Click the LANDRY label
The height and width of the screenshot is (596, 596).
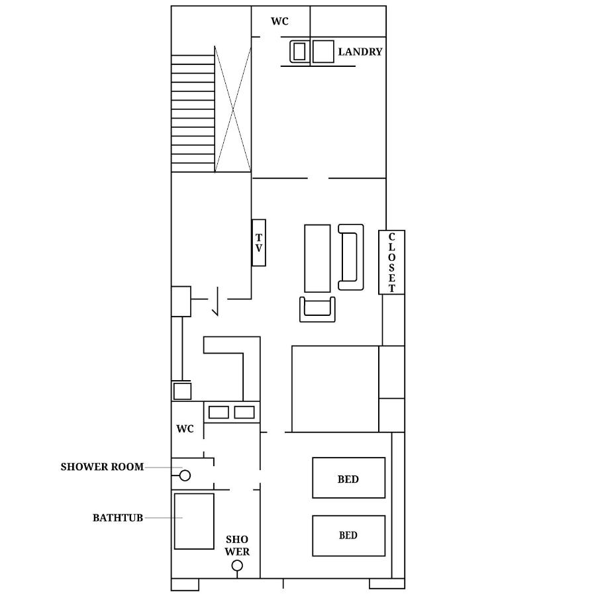click(360, 52)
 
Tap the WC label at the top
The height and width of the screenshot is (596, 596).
click(279, 21)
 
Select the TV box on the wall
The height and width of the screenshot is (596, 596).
click(259, 243)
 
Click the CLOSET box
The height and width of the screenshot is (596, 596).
click(391, 262)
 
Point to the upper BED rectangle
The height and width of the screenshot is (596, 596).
click(348, 477)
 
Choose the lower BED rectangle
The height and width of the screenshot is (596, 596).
click(348, 536)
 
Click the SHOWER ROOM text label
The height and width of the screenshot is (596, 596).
click(102, 467)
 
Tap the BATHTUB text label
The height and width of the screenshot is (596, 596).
click(118, 518)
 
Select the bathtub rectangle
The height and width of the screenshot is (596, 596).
click(194, 521)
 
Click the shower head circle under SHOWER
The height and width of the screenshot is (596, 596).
click(237, 566)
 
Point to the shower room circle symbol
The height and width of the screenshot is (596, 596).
click(185, 475)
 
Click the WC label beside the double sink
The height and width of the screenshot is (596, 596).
click(185, 428)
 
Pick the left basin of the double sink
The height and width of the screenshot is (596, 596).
click(219, 413)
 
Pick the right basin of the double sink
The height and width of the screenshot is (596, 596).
click(244, 413)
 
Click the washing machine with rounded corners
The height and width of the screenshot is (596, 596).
click(300, 51)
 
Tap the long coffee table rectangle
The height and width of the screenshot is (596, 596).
click(317, 258)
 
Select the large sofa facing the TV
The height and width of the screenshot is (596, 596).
click(351, 258)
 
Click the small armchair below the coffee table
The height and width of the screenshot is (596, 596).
click(317, 309)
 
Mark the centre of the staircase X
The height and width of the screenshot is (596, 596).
click(232, 110)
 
